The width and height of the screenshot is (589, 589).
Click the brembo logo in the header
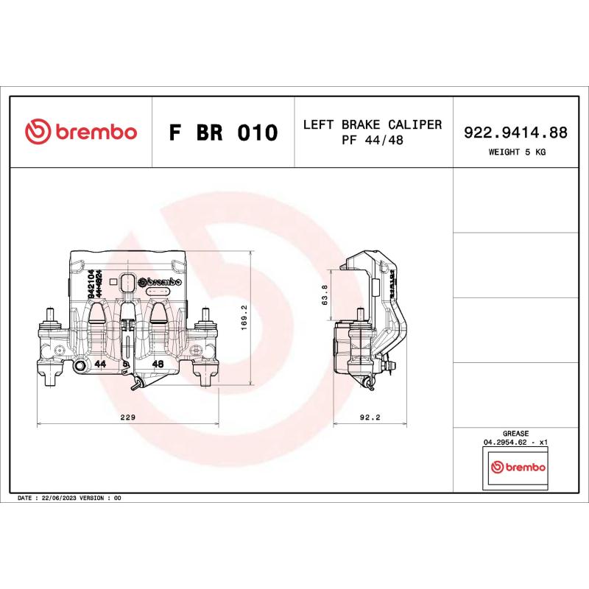81,133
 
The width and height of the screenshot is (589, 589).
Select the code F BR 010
223,133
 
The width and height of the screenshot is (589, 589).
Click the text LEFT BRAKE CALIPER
373,124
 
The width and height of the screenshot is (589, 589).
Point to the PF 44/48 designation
373,140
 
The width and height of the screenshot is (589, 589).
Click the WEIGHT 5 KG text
517,152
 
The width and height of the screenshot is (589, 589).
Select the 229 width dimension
128,417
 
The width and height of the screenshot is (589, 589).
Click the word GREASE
515,434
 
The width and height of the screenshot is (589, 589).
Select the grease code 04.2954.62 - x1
515,442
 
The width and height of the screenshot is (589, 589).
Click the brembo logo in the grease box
517,468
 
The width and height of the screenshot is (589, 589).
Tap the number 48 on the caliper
157,364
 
